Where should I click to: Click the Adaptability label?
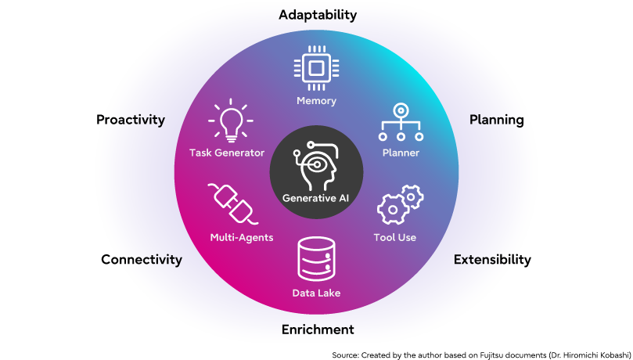[318, 15]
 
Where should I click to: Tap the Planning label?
[496, 120]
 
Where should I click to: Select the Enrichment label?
[318, 329]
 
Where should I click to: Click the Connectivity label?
[146, 260]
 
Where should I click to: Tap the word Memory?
[316, 101]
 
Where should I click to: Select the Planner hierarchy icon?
[401, 122]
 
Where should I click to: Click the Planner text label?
[401, 153]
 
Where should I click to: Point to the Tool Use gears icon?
[400, 205]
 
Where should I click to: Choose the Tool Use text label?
[395, 237]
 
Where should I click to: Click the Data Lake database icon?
[316, 260]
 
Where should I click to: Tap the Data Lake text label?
[316, 293]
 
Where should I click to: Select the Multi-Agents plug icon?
[232, 203]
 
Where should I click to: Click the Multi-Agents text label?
[242, 237]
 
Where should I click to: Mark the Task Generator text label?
[227, 153]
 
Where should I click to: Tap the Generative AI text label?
[316, 198]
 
